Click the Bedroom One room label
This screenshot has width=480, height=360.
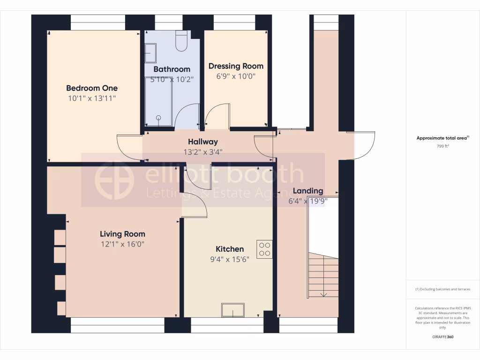click(92, 88)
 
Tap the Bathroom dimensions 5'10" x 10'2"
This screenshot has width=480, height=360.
click(172, 79)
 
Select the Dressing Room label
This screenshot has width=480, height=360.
click(236, 66)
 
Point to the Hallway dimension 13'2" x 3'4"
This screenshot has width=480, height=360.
click(202, 152)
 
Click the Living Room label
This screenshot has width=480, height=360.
click(122, 234)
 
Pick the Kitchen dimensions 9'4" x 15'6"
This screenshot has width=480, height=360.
click(229, 259)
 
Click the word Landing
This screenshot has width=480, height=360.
click(308, 191)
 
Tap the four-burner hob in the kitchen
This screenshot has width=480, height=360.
click(264, 249)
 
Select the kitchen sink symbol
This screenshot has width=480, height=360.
click(233, 310)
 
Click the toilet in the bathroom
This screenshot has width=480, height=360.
click(181, 41)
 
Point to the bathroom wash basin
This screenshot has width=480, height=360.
click(150, 53)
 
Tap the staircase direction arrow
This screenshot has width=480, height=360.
click(323, 294)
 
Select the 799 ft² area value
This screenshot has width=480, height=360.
click(443, 146)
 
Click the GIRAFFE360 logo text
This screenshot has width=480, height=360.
click(442, 337)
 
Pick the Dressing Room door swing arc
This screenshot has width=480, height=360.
click(216, 114)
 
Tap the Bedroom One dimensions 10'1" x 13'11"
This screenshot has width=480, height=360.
click(92, 98)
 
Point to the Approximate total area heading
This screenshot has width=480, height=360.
click(442, 138)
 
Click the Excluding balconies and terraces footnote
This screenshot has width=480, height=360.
click(442, 289)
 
